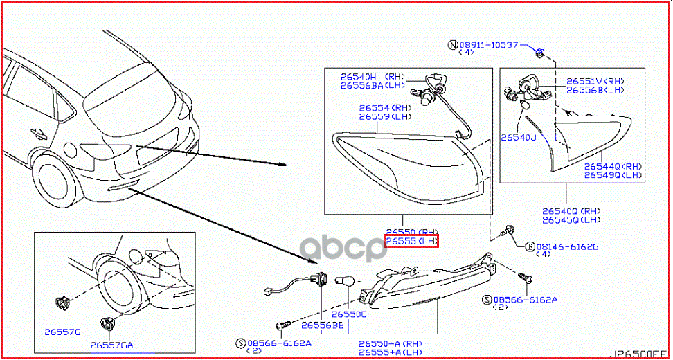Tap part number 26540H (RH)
[372, 77]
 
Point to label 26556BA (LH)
[372, 86]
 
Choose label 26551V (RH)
[595, 80]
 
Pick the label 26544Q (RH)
[612, 166]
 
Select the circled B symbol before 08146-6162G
[529, 246]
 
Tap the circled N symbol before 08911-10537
[453, 45]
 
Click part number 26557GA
[111, 344]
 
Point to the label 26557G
[62, 332]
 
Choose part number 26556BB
[323, 325]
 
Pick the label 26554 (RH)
[384, 108]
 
